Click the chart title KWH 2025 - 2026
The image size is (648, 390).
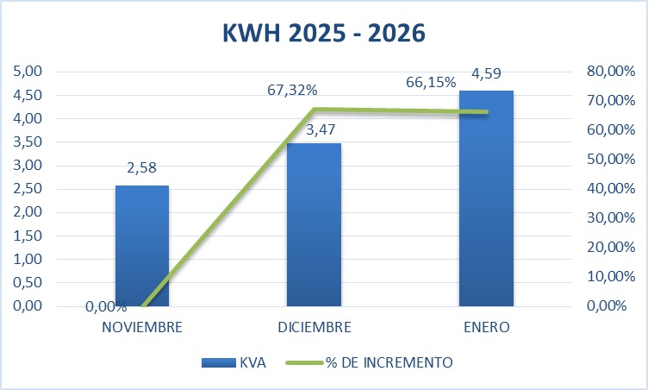pyautogui.click(x=324, y=34)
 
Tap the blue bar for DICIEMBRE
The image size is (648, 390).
pyautogui.click(x=315, y=224)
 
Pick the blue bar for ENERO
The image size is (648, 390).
pyautogui.click(x=486, y=198)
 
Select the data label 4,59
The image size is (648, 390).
pyautogui.click(x=486, y=75)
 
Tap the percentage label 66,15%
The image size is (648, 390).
pyautogui.click(x=431, y=83)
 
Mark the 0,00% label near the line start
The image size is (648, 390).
pyautogui.click(x=106, y=306)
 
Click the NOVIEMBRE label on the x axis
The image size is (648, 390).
pyautogui.click(x=142, y=328)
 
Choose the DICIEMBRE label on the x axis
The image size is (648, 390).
pyautogui.click(x=315, y=328)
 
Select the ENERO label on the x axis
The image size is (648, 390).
pyautogui.click(x=486, y=328)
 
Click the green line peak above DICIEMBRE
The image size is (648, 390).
pyautogui.click(x=315, y=110)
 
